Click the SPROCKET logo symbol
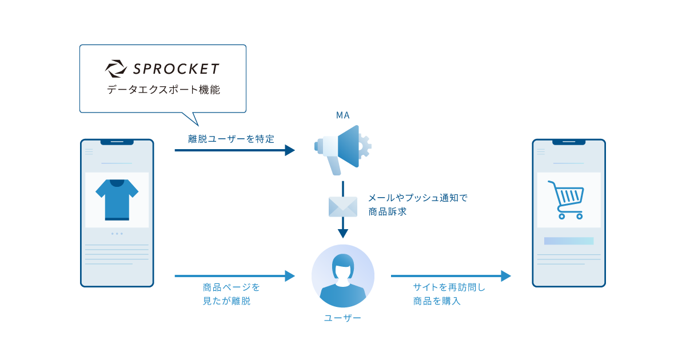[116, 69]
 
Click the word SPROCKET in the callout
[176, 69]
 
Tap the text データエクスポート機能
[163, 90]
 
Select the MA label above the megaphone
[342, 115]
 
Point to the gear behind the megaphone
[365, 146]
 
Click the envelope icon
[343, 207]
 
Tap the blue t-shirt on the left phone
[117, 199]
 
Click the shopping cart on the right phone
[567, 199]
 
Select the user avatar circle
[343, 276]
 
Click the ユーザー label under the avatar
[342, 318]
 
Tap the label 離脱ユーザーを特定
[231, 139]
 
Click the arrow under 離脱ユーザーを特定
[235, 150]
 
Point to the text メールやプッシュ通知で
[418, 198]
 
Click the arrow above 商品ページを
[235, 276]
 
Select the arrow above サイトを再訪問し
[451, 276]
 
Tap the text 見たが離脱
[226, 301]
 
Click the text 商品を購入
[437, 301]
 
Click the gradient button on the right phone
[569, 241]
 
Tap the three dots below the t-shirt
[117, 234]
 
